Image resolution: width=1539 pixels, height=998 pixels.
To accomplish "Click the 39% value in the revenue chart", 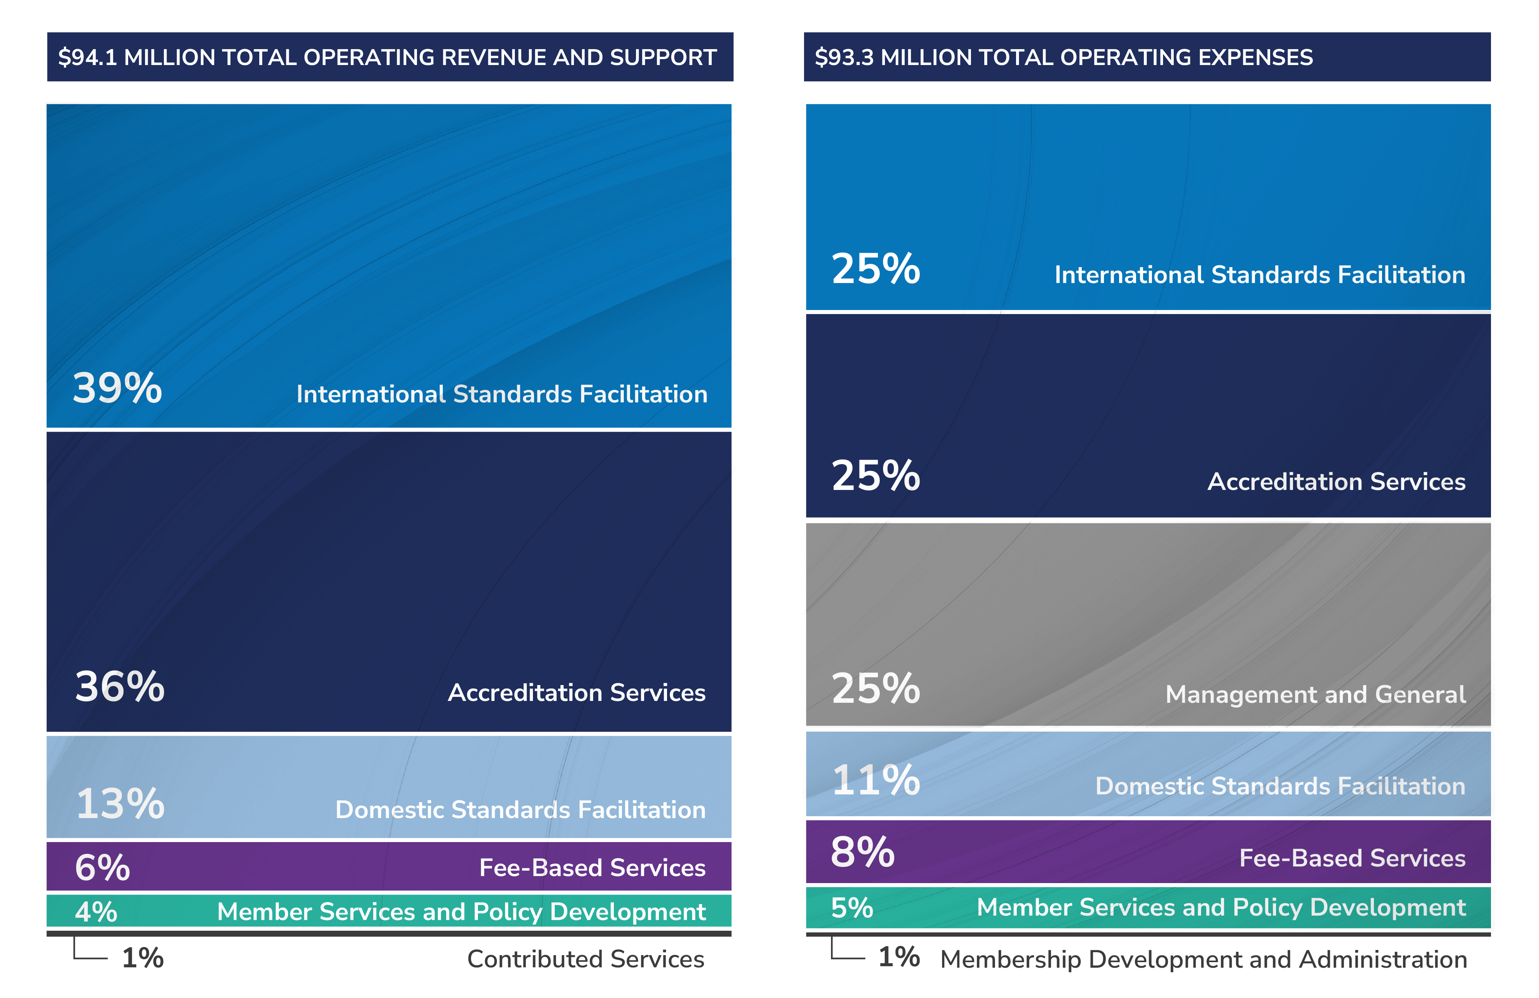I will (x=117, y=389).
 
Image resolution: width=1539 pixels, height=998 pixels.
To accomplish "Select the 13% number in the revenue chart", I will (x=120, y=804).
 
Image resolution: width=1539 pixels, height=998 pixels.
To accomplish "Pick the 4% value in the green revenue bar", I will (x=96, y=912).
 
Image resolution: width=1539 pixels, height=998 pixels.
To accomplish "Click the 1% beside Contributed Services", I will (x=143, y=958).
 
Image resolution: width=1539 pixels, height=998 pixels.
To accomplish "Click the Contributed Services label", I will (x=585, y=959).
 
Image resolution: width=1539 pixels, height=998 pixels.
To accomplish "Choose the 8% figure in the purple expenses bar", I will (x=863, y=852).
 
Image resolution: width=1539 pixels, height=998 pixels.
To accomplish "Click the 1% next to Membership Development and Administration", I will (x=899, y=957).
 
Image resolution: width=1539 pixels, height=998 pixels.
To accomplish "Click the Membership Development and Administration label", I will (x=1203, y=960).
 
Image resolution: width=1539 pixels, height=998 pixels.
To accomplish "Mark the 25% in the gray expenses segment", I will (x=876, y=688).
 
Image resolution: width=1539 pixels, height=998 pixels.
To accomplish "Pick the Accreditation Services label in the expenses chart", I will (x=1336, y=482).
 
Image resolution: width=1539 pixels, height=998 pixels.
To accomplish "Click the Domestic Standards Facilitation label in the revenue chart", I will (x=520, y=810).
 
